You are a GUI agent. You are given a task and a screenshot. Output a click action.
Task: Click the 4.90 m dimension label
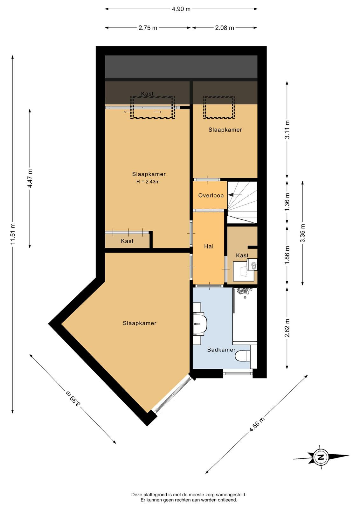pyautogui.click(x=181, y=9)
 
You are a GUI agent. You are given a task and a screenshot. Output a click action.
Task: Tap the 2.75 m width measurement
pyautogui.click(x=148, y=28)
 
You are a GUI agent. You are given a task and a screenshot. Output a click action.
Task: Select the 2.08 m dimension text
pyautogui.click(x=225, y=28)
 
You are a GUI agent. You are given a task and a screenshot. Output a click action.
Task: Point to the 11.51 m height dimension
pyautogui.click(x=12, y=234)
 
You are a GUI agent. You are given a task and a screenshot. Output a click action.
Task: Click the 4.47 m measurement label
pyautogui.click(x=30, y=178)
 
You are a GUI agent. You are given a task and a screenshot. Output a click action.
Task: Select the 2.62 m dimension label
pyautogui.click(x=287, y=328)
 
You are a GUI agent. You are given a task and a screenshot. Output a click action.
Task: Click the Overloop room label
pyautogui.click(x=211, y=195)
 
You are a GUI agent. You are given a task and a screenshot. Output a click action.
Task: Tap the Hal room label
pyautogui.click(x=209, y=246)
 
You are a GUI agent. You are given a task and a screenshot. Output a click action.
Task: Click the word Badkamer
pyautogui.click(x=221, y=350)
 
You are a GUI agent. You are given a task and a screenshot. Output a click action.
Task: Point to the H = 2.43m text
pyautogui.click(x=148, y=182)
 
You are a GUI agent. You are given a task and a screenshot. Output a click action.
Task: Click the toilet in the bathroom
pyautogui.click(x=243, y=356)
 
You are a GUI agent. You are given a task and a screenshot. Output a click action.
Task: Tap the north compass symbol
pyautogui.click(x=321, y=457)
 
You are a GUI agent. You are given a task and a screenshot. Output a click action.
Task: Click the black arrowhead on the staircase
pyautogui.click(x=231, y=195)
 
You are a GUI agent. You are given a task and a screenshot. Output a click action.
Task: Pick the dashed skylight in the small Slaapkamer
pyautogui.click(x=219, y=107)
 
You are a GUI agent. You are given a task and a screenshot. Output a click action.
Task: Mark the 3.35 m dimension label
pyautogui.click(x=302, y=233)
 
